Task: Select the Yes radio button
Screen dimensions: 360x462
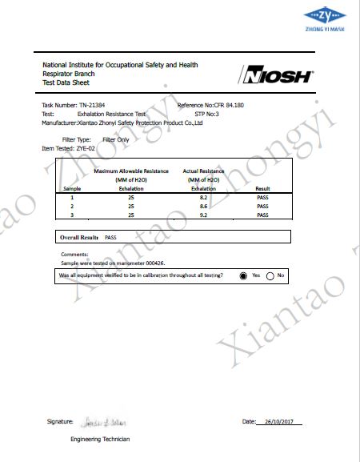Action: (243, 275)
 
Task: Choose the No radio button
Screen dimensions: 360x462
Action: (270, 275)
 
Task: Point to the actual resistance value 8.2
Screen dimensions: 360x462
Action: (204, 196)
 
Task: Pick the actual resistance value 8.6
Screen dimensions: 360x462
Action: (204, 206)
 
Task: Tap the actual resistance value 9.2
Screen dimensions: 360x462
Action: (204, 215)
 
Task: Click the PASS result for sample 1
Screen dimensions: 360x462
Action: (262, 196)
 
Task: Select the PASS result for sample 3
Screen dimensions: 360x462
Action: (262, 215)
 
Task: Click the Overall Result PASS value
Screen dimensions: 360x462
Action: (111, 238)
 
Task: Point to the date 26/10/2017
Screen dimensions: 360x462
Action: (279, 421)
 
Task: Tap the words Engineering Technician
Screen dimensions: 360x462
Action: (100, 440)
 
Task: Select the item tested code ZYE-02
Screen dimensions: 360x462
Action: (86, 148)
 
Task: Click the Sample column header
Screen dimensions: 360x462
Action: (73, 188)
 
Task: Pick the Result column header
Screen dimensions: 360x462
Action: (262, 188)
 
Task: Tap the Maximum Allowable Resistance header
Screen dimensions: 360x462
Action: (131, 171)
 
